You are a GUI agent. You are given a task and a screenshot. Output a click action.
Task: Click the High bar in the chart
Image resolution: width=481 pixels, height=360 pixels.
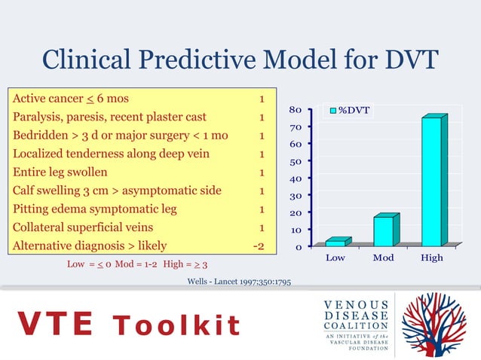pyautogui.click(x=433, y=182)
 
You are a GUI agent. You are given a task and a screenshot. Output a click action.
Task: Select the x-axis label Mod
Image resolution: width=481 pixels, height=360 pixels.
pyautogui.click(x=383, y=258)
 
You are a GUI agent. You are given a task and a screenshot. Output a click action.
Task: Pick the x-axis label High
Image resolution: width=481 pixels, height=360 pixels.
pyautogui.click(x=432, y=258)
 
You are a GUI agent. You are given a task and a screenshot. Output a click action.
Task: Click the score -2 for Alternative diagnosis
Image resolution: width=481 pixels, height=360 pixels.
pyautogui.click(x=257, y=246)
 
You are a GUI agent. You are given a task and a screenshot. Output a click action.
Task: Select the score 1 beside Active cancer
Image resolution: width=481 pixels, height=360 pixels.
pyautogui.click(x=261, y=99)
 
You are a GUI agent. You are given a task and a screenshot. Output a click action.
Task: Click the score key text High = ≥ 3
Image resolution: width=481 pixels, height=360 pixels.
pyautogui.click(x=185, y=265)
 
